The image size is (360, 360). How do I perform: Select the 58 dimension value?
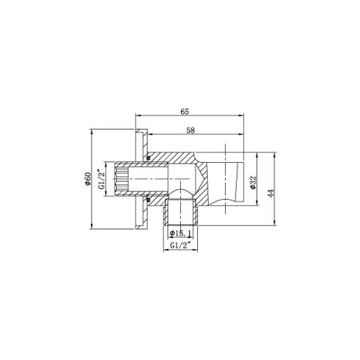pos(190,130)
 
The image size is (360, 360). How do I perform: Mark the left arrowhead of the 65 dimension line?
pos(137,116)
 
